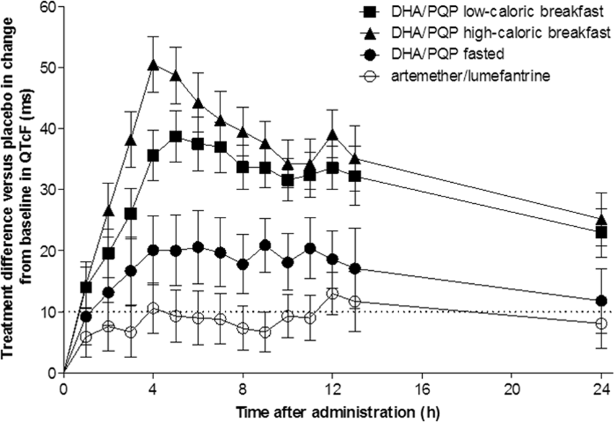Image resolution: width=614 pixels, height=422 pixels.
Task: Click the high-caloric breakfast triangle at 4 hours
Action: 153,64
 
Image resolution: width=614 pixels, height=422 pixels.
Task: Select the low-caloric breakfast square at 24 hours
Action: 600,232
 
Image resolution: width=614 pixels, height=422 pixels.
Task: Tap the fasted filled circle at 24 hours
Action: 600,301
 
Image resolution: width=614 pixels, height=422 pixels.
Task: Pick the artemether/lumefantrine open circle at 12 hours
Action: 332,293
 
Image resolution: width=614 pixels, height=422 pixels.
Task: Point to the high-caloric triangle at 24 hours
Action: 600,220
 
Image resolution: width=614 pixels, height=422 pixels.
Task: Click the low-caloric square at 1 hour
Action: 86,288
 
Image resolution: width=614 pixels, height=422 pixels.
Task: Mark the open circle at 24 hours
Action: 600,323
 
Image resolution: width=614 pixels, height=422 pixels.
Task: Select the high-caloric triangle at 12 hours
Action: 332,134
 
